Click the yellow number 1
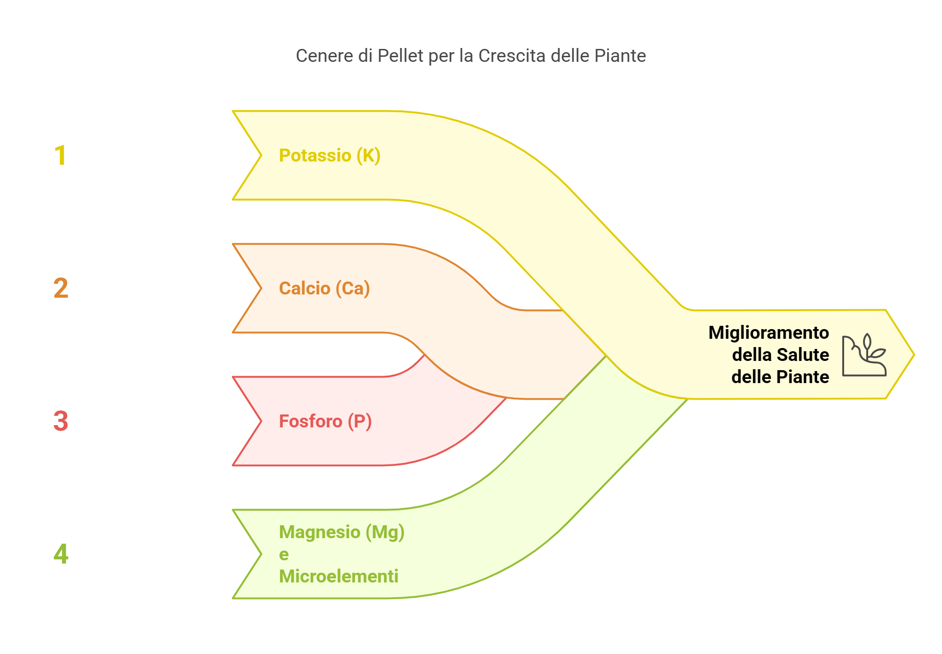pos(60,156)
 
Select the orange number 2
pos(61,288)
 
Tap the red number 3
pos(61,421)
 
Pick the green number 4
pos(61,554)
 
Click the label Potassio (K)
pos(330,156)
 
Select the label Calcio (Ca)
pos(324,289)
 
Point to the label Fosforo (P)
pos(325,422)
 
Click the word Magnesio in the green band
pos(320,533)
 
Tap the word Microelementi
pos(338,576)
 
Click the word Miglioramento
pos(769,333)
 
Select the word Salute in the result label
pos(803,355)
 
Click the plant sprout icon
pos(864,355)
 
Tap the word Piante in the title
pos(620,56)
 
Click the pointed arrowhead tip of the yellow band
pos(914,354)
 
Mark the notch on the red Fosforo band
pos(261,421)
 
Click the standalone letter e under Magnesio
pos(284,555)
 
